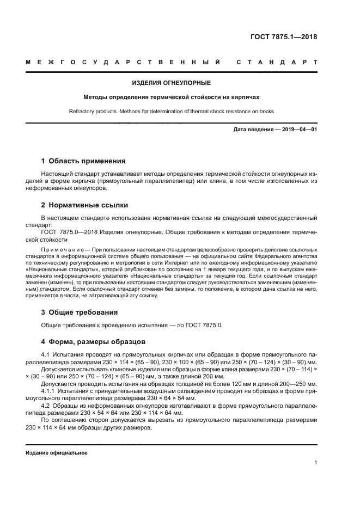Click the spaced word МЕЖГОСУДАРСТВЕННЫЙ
click(x=123, y=63)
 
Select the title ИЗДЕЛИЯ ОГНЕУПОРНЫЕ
click(x=172, y=83)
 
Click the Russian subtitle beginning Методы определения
click(x=172, y=97)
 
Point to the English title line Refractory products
click(x=172, y=112)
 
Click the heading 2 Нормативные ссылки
click(x=85, y=205)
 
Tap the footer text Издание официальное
click(x=57, y=453)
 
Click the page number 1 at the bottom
click(x=316, y=463)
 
